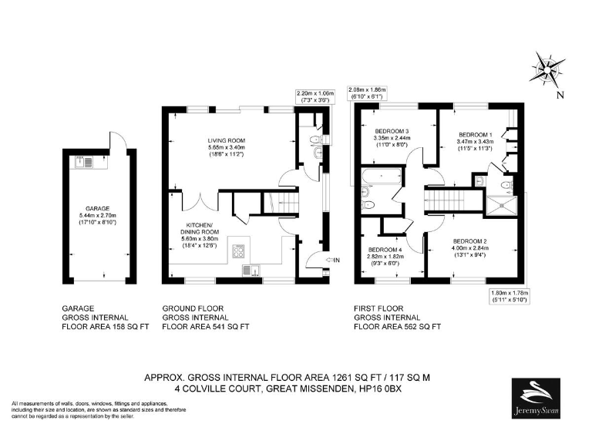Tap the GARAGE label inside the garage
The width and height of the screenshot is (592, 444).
[x=98, y=208]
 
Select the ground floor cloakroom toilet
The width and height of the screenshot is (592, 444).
[x=313, y=139]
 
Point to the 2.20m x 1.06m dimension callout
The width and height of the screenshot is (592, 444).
[x=315, y=96]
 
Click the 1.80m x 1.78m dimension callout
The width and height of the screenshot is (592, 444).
[x=510, y=297]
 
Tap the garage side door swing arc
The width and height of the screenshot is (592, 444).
[x=117, y=140]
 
